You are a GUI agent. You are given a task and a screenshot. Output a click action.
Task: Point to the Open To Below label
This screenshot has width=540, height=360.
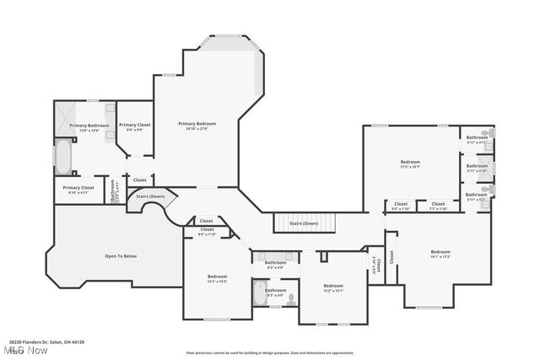[121, 255]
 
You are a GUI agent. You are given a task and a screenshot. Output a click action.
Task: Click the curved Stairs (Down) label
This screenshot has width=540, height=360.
[151, 196]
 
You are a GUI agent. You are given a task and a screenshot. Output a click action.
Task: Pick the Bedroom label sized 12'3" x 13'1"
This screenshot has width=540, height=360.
[333, 286]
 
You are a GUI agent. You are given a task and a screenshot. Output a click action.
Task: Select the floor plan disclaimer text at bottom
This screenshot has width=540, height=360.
[270, 352]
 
